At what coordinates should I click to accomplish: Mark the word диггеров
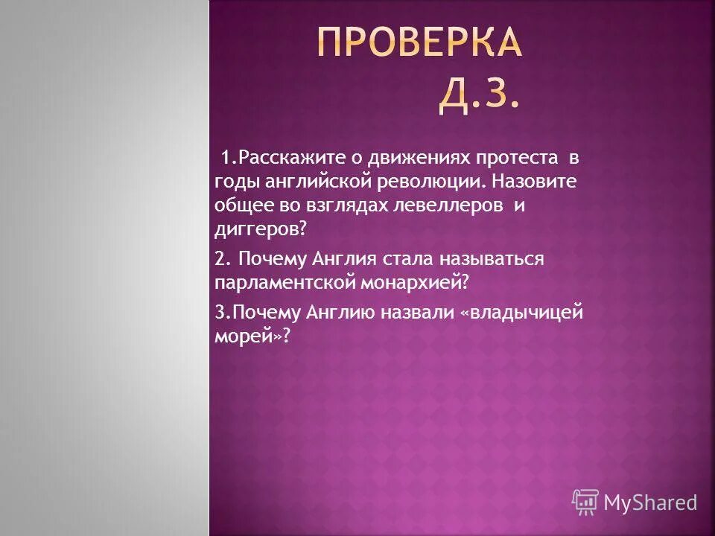pos(258,229)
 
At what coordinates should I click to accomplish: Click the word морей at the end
pos(247,337)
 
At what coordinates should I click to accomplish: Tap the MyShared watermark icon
pos(585,502)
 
